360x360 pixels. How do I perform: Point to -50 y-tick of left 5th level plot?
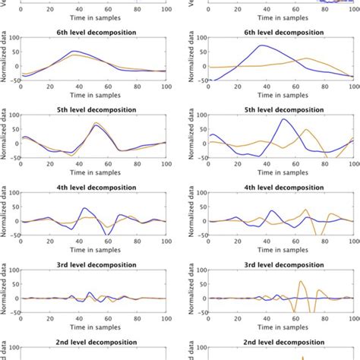(x=13, y=156)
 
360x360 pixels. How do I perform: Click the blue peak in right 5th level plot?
(x=283, y=119)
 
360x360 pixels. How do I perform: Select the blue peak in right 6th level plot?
(x=262, y=46)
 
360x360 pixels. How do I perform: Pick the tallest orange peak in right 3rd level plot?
(x=302, y=281)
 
